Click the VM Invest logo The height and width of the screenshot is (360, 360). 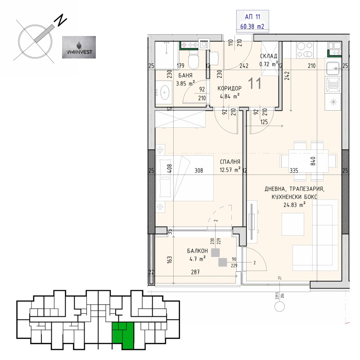(x=78, y=47)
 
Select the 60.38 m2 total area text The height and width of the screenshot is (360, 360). (x=252, y=27)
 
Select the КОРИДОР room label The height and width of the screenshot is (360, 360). (x=229, y=88)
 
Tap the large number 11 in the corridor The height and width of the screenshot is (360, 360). (x=255, y=82)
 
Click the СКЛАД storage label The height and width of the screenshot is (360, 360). (x=269, y=57)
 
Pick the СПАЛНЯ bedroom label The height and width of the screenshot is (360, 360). (x=229, y=162)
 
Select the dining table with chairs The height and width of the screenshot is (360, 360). (x=308, y=161)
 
